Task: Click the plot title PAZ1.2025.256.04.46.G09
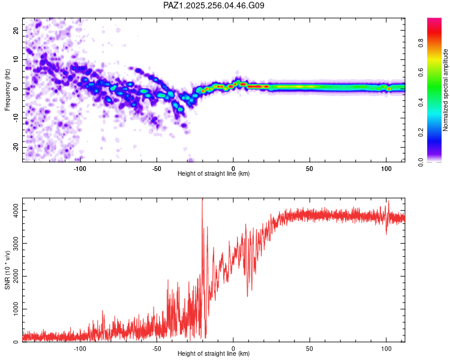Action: (214, 5)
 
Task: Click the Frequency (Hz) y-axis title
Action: (7, 90)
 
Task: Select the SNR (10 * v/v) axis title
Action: (7, 270)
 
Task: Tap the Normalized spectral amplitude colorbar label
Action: (445, 90)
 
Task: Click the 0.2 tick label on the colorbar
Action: (421, 133)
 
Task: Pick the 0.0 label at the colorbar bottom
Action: (421, 162)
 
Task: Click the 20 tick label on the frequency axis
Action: (16, 30)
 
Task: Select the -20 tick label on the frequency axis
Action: (16, 148)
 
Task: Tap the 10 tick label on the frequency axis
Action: (16, 59)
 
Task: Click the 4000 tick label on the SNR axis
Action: (16, 211)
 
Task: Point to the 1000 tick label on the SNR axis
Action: (16, 309)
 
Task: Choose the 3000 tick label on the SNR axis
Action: (16, 244)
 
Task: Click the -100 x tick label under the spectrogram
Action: (80, 169)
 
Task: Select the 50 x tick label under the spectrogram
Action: (310, 169)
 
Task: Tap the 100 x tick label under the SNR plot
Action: (386, 349)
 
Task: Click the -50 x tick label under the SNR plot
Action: (157, 349)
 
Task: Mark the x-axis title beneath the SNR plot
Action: (214, 353)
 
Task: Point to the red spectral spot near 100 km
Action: (389, 89)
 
